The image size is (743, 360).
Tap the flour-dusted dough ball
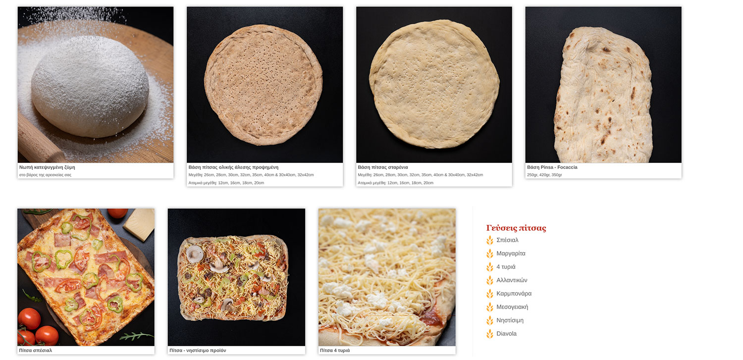pyautogui.click(x=90, y=86)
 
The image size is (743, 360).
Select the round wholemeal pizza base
pyautogui.click(x=264, y=85)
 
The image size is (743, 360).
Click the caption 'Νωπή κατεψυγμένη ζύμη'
pyautogui.click(x=47, y=167)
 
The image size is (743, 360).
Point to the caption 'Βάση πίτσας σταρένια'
pyautogui.click(x=383, y=167)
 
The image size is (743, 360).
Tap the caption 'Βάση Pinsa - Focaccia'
pyautogui.click(x=552, y=167)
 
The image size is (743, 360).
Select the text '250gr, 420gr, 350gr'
pyautogui.click(x=544, y=175)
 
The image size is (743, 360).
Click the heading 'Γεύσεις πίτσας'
pyautogui.click(x=516, y=228)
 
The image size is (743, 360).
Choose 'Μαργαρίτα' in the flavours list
pyautogui.click(x=511, y=254)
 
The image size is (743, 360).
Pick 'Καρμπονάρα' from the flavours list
pyautogui.click(x=514, y=294)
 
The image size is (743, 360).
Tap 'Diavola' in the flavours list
pyautogui.click(x=507, y=334)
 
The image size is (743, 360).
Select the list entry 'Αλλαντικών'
pyautogui.click(x=512, y=280)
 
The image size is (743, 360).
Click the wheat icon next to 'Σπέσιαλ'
pyautogui.click(x=490, y=240)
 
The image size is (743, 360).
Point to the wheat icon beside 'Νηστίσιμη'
pyautogui.click(x=490, y=320)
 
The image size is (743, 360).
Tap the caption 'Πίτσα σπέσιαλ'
pyautogui.click(x=36, y=351)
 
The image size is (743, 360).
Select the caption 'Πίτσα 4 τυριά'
pyautogui.click(x=335, y=351)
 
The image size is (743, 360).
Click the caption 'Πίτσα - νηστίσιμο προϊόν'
pyautogui.click(x=198, y=351)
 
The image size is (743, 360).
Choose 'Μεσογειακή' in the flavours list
pyautogui.click(x=512, y=307)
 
